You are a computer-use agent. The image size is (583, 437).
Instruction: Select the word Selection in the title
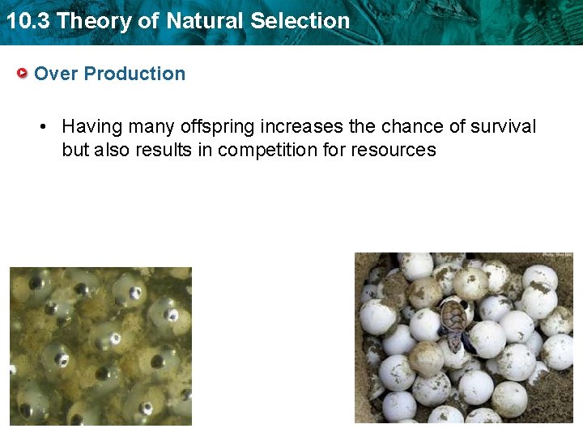tap(300, 21)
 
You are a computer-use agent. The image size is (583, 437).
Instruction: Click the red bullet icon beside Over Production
tap(23, 74)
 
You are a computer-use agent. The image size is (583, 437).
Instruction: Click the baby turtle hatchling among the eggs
tap(455, 325)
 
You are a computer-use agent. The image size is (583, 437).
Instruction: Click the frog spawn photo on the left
tap(100, 346)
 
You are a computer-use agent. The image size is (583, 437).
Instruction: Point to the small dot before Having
tap(46, 127)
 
